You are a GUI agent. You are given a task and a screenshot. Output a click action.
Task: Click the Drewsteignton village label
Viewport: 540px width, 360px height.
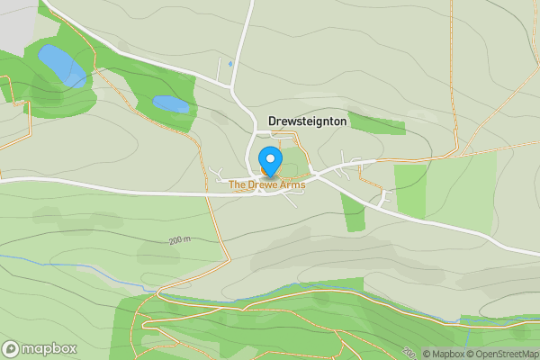coord(307,121)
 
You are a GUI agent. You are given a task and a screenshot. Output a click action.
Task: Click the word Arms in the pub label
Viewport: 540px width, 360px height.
coord(292,184)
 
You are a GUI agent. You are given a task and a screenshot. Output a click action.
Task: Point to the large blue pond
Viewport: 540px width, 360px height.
coord(61,66)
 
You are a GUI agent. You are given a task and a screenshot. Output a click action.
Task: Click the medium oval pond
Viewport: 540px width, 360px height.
coord(171,103)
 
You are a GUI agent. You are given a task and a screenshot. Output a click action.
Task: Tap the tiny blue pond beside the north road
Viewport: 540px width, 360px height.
coord(230,63)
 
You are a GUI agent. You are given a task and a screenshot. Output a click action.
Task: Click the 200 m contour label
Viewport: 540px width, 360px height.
coord(180,241)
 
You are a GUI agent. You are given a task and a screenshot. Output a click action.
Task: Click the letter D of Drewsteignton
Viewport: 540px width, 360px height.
coord(273,121)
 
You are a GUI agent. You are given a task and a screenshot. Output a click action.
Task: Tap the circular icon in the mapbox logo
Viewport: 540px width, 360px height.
coord(11,347)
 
